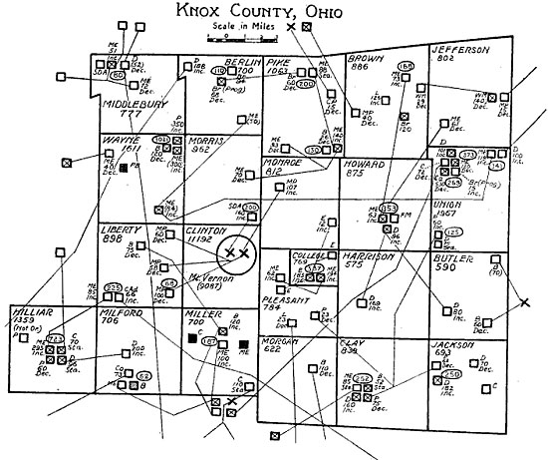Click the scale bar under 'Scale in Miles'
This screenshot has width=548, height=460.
pyautogui.click(x=232, y=38)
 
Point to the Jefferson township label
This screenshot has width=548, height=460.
pyautogui.click(x=461, y=50)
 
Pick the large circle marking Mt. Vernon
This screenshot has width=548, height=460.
pyautogui.click(x=237, y=253)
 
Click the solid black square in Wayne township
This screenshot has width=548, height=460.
pyautogui.click(x=124, y=170)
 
